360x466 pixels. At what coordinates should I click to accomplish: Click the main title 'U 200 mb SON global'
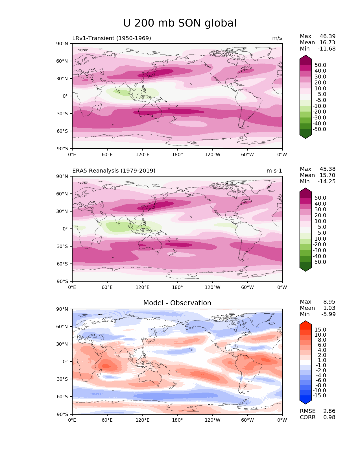point(180,23)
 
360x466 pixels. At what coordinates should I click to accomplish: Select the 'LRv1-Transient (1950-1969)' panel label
point(112,38)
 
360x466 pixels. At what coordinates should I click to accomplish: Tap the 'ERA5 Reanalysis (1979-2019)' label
point(114,171)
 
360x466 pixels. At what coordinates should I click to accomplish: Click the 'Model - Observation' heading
point(177,303)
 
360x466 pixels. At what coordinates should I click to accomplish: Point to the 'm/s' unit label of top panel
point(277,38)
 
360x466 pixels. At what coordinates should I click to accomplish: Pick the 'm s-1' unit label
point(274,171)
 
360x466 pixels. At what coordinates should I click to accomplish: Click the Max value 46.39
point(328,36)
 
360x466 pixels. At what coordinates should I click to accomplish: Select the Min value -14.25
point(327,182)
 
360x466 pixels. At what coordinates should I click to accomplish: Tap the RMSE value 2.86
point(329,411)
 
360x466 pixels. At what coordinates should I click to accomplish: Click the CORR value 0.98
point(329,417)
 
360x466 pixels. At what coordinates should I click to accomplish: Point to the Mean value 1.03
point(329,308)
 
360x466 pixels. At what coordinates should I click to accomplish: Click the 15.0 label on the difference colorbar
point(320,330)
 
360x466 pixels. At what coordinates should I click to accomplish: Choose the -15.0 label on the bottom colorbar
point(319,396)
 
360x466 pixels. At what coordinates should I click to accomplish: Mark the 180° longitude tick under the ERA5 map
point(177,288)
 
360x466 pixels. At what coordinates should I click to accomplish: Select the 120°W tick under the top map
point(212,155)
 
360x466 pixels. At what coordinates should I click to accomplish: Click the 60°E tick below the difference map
point(107,420)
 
